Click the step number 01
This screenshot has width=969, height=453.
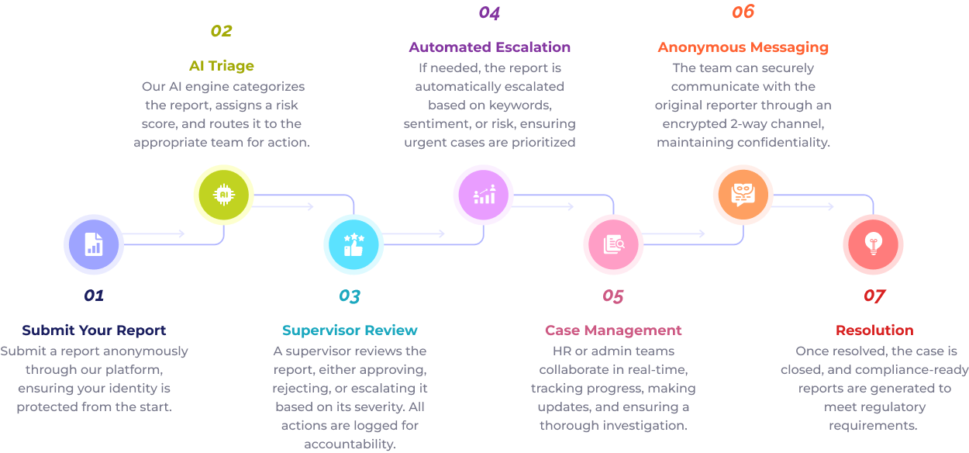pos(94,296)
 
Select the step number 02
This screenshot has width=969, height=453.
pos(221,31)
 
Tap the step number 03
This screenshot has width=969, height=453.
pos(350,296)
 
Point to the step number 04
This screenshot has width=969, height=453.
pos(489,12)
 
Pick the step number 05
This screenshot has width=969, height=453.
pos(612,296)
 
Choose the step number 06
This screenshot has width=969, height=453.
pos(743,12)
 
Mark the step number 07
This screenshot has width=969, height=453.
pos(874,296)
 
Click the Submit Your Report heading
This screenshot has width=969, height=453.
pos(94,330)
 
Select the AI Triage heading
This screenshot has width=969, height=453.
pos(221,66)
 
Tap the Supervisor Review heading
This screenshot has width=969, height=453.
pos(350,330)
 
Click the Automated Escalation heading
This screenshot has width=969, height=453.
pos(489,47)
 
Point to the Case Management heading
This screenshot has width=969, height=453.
pos(613,330)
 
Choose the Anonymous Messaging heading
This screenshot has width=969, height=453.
pos(743,47)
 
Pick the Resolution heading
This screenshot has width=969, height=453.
pos(874,330)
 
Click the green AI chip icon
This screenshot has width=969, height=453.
pos(223,194)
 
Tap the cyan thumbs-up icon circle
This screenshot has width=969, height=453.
pos(353,244)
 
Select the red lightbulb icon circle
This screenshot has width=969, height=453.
pos(873,244)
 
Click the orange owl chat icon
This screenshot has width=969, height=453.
pos(743,194)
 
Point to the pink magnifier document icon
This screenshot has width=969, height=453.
pos(613,244)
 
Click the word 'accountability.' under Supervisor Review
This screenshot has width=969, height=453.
pos(350,444)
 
